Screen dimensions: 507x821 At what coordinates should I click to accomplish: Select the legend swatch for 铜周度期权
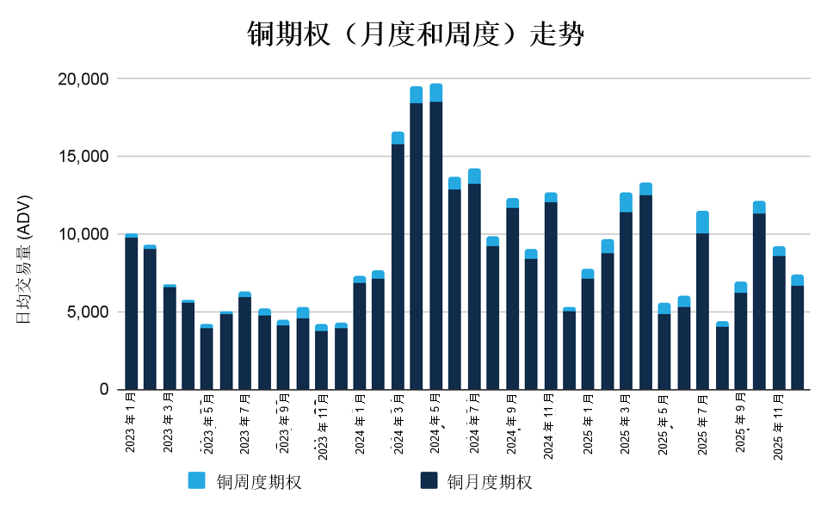tap(196, 480)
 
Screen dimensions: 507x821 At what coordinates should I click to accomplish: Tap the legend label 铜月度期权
tap(489, 482)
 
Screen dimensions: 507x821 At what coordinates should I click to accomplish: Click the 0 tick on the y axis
tap(103, 389)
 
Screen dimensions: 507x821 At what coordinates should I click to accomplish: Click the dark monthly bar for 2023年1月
tap(131, 314)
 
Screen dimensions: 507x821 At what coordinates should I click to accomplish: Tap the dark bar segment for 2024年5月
tap(435, 245)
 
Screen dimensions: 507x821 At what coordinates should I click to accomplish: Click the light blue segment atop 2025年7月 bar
tap(702, 222)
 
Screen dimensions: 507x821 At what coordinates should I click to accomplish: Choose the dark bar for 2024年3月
tap(398, 267)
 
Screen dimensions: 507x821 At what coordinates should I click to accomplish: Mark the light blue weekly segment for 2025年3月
tap(626, 202)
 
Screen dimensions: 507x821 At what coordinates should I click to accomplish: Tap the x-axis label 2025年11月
tap(778, 426)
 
